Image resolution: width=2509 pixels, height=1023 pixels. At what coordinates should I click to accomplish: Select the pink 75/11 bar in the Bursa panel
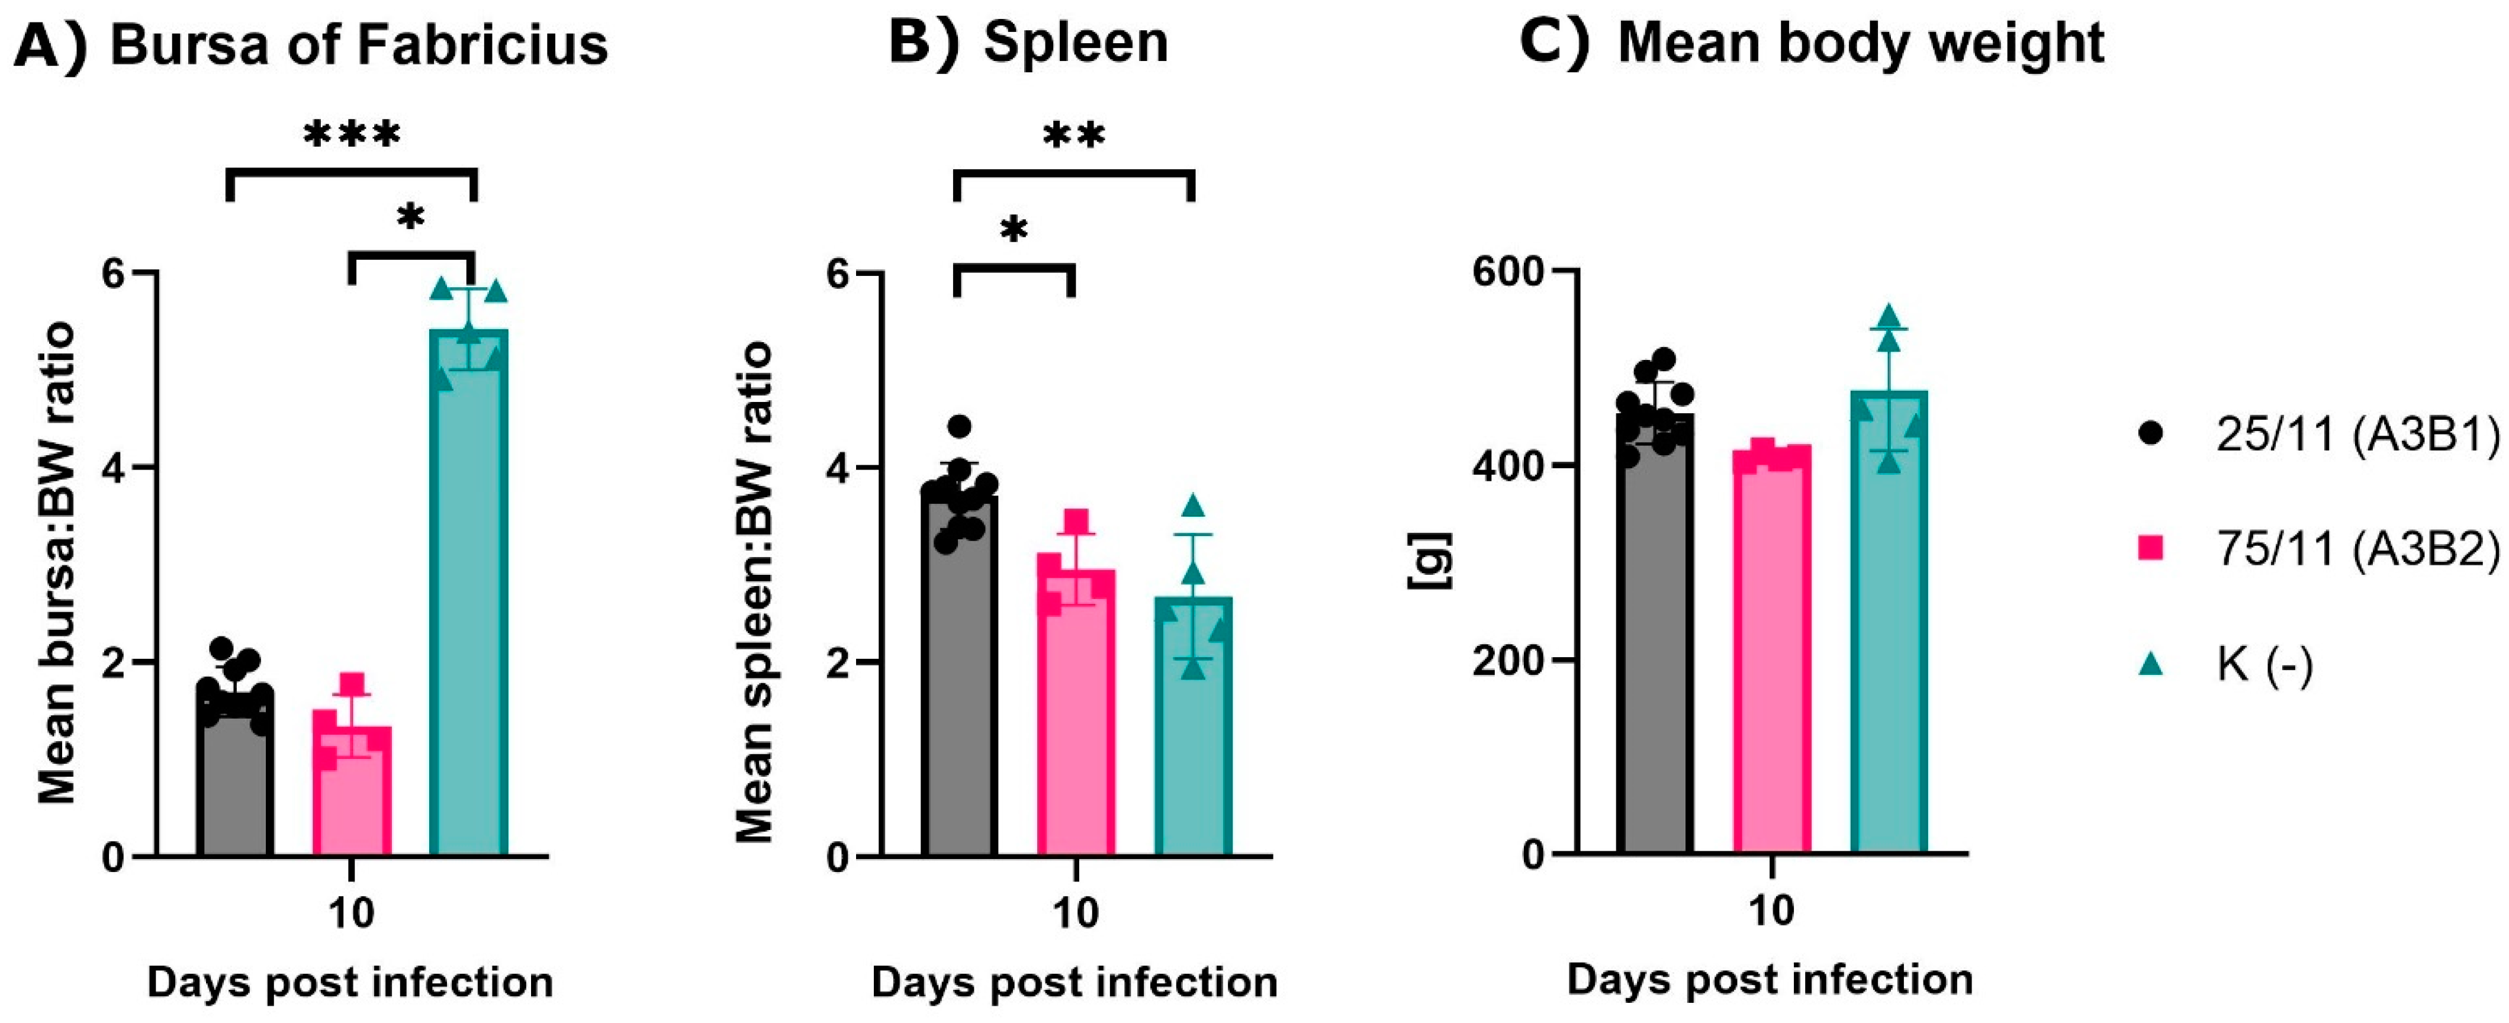click(352, 799)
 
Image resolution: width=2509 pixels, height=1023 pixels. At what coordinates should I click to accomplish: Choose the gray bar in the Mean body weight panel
click(1655, 662)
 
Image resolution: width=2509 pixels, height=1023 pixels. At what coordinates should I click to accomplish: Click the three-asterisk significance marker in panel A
click(352, 134)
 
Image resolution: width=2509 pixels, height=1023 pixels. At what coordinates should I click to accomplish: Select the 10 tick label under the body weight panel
click(1771, 911)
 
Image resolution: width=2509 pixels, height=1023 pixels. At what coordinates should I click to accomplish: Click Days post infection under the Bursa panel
click(350, 982)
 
